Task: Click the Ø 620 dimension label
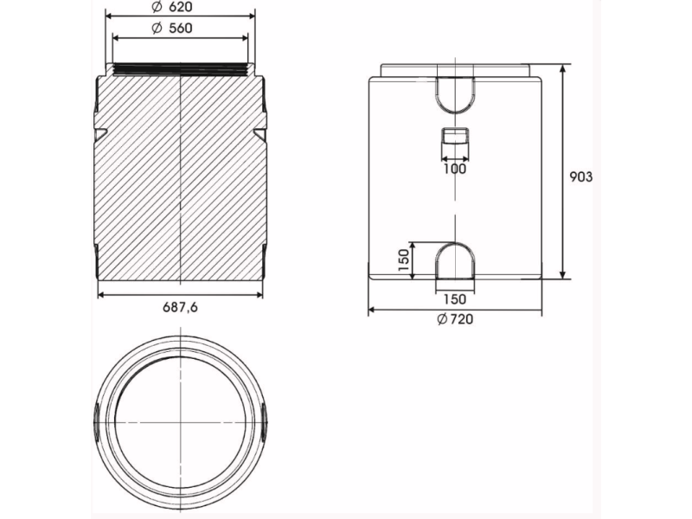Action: [x=171, y=7]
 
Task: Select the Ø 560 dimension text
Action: [x=171, y=29]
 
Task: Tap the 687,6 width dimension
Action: [x=180, y=307]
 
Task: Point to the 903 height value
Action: [x=580, y=177]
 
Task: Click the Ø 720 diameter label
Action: [x=455, y=318]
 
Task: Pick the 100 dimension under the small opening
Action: [x=455, y=169]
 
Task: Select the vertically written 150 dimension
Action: [x=404, y=260]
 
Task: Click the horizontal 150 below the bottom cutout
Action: [x=455, y=299]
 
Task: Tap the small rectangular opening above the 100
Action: [x=455, y=138]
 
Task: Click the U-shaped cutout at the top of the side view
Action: [x=455, y=94]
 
